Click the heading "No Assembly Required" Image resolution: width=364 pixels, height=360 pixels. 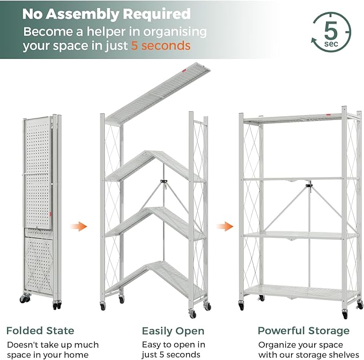[x=106, y=13]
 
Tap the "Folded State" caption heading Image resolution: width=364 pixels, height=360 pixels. [x=40, y=331]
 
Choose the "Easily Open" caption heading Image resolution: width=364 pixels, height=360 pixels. [x=173, y=331]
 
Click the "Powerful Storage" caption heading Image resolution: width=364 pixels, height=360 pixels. [x=303, y=331]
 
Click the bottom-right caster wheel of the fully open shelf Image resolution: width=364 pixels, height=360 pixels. [x=345, y=313]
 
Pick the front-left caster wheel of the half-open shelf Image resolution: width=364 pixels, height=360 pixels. [x=103, y=306]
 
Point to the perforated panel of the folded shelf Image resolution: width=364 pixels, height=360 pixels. [x=38, y=171]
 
